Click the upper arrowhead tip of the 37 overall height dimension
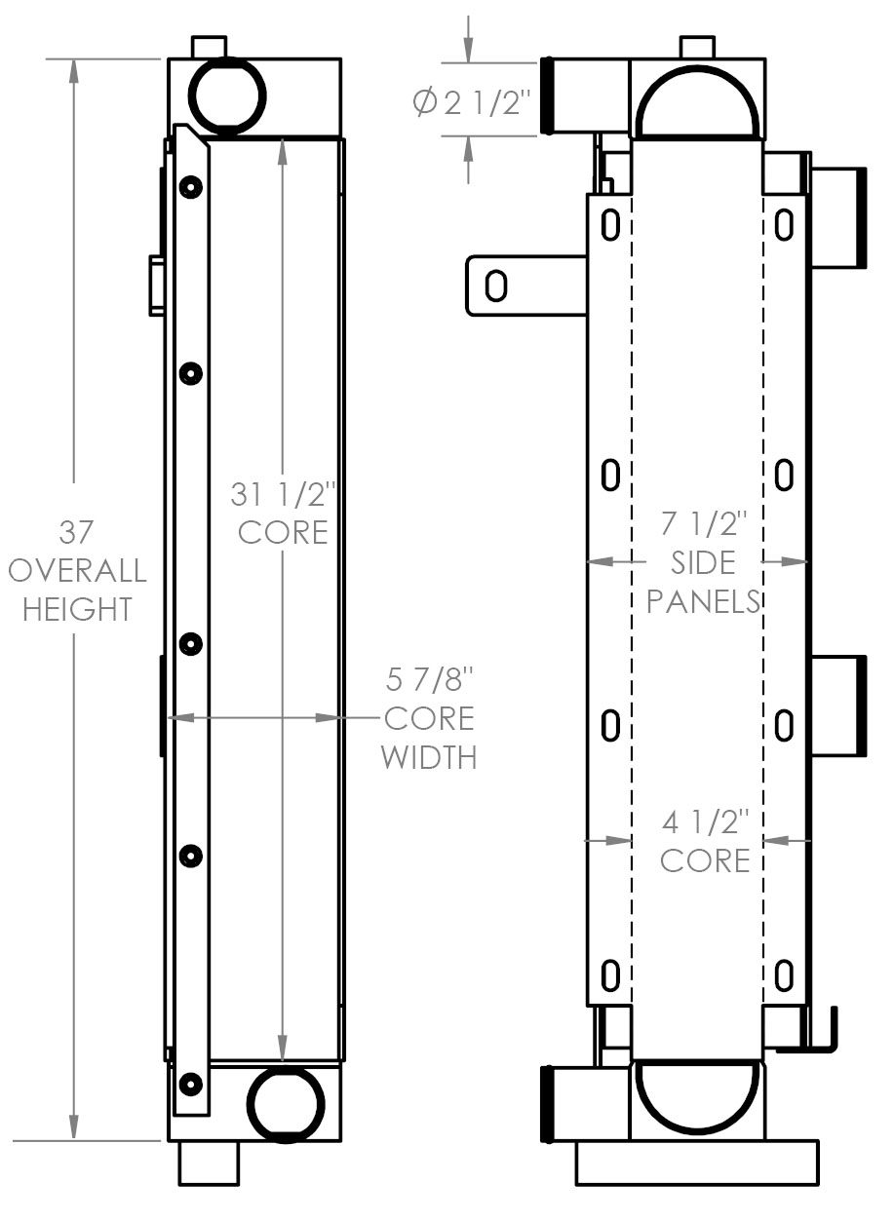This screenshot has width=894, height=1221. pyautogui.click(x=74, y=59)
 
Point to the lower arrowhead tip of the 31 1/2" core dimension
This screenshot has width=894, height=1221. pyautogui.click(x=283, y=1061)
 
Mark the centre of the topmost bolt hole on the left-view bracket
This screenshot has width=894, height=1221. pyautogui.click(x=190, y=187)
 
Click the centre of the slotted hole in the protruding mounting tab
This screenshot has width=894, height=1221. pyautogui.click(x=496, y=286)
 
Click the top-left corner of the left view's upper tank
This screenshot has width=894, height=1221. pyautogui.click(x=168, y=58)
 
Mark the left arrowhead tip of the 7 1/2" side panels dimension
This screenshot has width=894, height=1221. pyautogui.click(x=588, y=561)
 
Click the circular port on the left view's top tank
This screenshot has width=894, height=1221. pyautogui.click(x=229, y=95)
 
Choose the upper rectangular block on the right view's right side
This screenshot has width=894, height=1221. pyautogui.click(x=837, y=218)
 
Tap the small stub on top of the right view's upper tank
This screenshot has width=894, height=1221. pyautogui.click(x=697, y=47)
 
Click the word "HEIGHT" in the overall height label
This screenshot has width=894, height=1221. pyautogui.click(x=77, y=609)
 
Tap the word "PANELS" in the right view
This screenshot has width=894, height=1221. pyautogui.click(x=703, y=600)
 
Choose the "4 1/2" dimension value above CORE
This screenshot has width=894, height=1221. pyautogui.click(x=705, y=822)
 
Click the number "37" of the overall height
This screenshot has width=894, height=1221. pyautogui.click(x=76, y=532)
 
